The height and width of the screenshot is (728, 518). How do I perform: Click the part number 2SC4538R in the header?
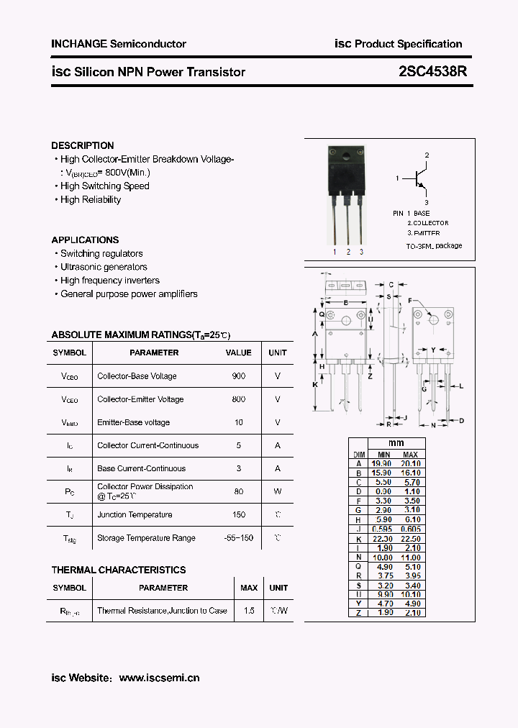[x=432, y=72]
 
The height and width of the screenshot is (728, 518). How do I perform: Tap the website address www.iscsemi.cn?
[x=159, y=678]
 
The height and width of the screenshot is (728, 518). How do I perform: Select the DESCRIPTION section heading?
[x=83, y=145]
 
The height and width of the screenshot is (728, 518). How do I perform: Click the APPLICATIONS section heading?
[x=85, y=240]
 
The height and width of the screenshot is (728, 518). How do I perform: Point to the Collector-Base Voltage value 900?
[x=238, y=376]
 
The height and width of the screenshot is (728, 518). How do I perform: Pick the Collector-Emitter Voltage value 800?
[x=238, y=399]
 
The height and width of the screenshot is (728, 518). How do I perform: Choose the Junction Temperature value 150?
[x=238, y=514]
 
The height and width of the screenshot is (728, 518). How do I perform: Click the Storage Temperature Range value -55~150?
[x=238, y=538]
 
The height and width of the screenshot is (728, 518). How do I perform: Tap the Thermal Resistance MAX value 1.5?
[x=249, y=611]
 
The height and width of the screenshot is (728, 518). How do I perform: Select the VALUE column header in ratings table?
[x=238, y=352]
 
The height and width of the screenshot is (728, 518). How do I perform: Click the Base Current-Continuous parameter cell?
[x=141, y=468]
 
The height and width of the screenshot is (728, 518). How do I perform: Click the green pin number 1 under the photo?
[x=335, y=252]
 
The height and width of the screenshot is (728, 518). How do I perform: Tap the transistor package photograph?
[x=347, y=194]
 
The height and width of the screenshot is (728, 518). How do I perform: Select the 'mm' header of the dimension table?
[x=396, y=442]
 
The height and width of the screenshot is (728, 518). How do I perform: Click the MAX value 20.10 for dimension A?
[x=410, y=464]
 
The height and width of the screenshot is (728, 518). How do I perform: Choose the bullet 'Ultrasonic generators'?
[x=104, y=267]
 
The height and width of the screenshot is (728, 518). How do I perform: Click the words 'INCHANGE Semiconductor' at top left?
[x=119, y=44]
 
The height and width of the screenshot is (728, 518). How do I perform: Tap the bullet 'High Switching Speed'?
[x=104, y=186]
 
